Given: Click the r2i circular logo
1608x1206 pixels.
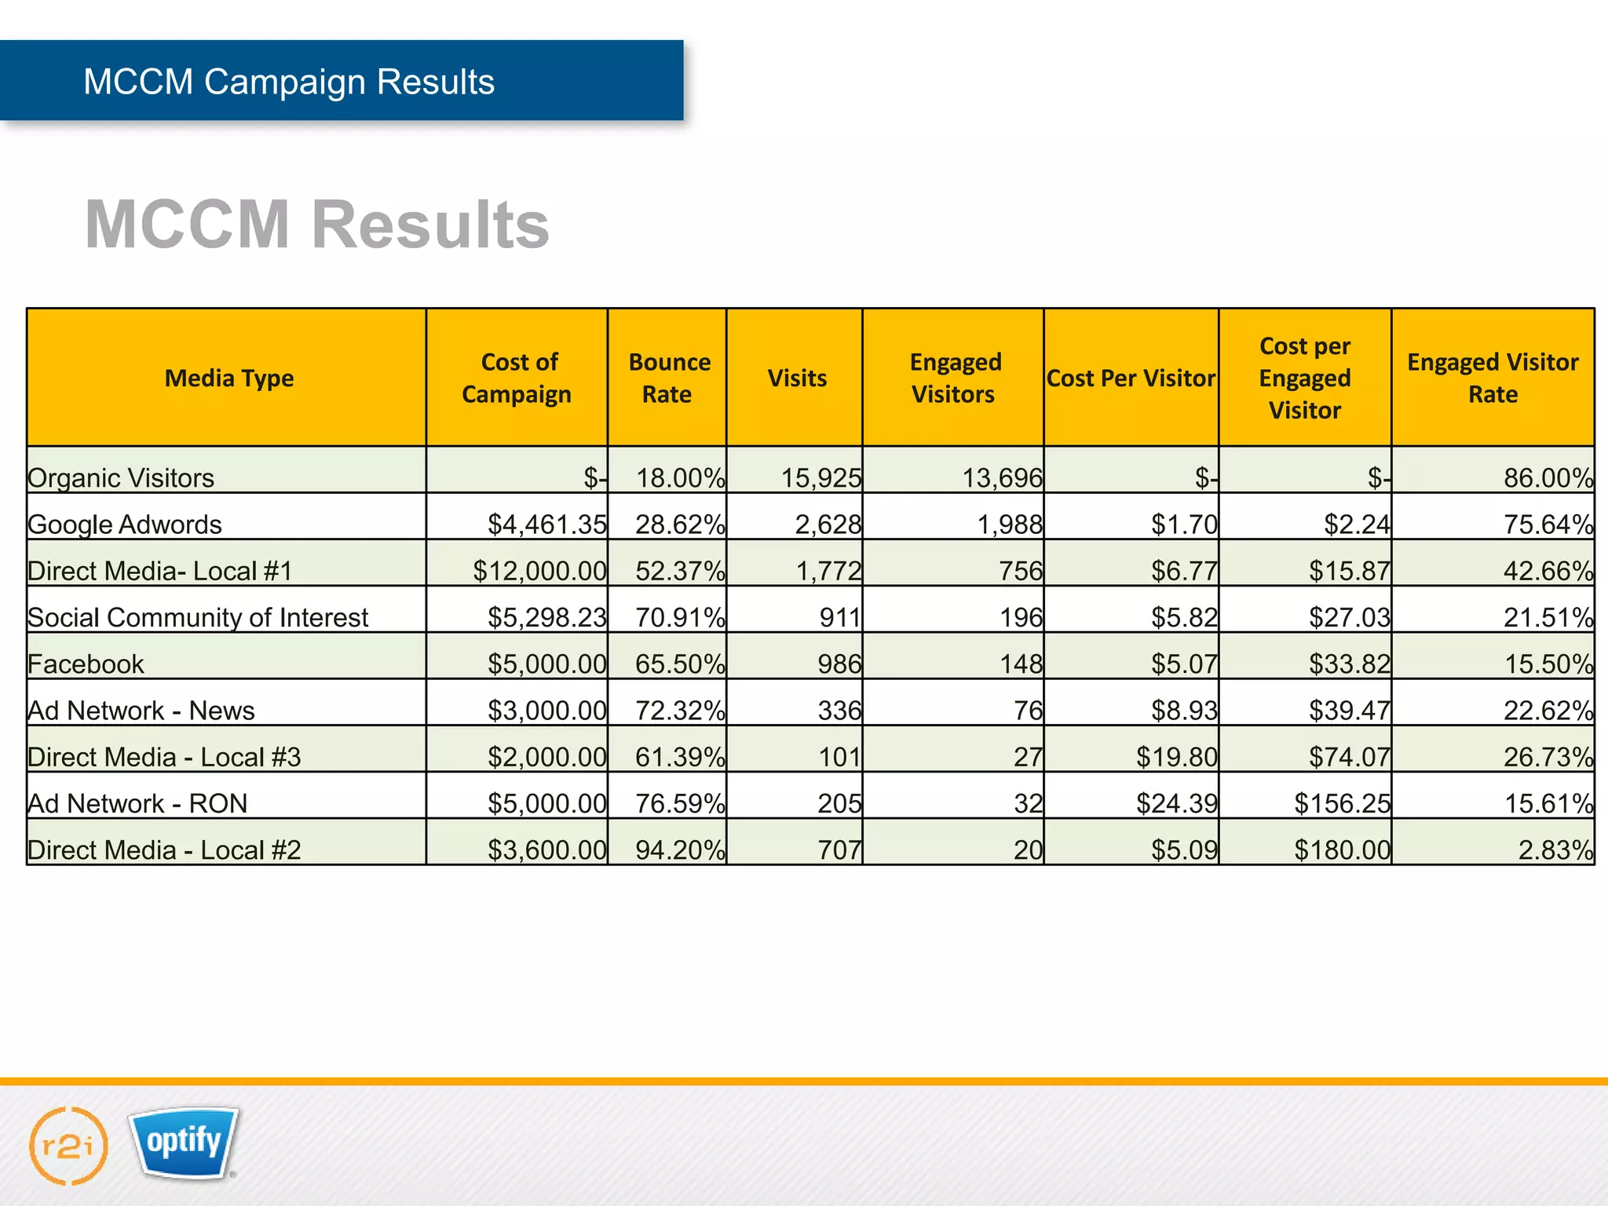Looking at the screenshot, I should click(x=68, y=1146).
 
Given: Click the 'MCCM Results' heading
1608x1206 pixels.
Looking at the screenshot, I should click(x=316, y=225).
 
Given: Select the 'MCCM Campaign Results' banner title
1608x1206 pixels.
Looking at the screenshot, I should click(x=289, y=82).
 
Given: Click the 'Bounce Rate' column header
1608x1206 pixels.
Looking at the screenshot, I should click(x=668, y=378).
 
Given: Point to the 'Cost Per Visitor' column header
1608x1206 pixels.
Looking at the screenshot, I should click(x=1131, y=378).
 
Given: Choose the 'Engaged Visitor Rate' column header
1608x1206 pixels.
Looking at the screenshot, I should click(x=1492, y=378).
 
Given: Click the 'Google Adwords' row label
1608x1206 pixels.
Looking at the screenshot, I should click(x=125, y=524).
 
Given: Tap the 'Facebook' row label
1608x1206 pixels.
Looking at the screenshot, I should click(x=86, y=664).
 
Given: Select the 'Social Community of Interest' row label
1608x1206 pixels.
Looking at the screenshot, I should click(x=198, y=618).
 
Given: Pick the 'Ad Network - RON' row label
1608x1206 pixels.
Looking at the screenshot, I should click(x=137, y=803).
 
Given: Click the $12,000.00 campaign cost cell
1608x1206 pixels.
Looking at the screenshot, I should click(x=539, y=571).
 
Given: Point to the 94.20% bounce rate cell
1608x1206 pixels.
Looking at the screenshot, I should click(x=680, y=850).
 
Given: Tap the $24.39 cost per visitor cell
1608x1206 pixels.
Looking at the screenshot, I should click(x=1176, y=803).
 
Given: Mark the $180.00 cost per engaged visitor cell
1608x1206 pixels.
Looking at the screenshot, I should click(x=1342, y=850).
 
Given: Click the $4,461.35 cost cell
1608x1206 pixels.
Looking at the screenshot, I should click(x=547, y=524).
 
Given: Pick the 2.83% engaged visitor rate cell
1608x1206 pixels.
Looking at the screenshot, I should click(x=1555, y=850).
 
